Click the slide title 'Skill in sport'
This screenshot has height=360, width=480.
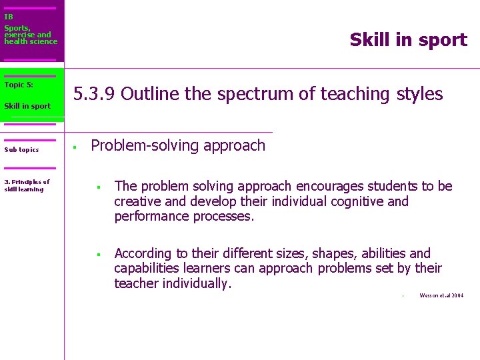(408, 40)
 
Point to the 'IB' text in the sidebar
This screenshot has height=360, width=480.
(9, 17)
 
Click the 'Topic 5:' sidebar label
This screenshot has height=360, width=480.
(19, 85)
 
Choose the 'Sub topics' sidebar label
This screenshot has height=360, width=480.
(21, 150)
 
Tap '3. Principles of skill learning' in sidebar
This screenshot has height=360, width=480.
(27, 185)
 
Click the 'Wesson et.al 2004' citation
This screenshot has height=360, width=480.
(441, 295)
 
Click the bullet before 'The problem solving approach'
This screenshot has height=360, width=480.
(97, 187)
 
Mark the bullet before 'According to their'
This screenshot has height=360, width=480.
(97, 255)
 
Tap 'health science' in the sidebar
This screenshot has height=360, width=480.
(31, 41)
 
